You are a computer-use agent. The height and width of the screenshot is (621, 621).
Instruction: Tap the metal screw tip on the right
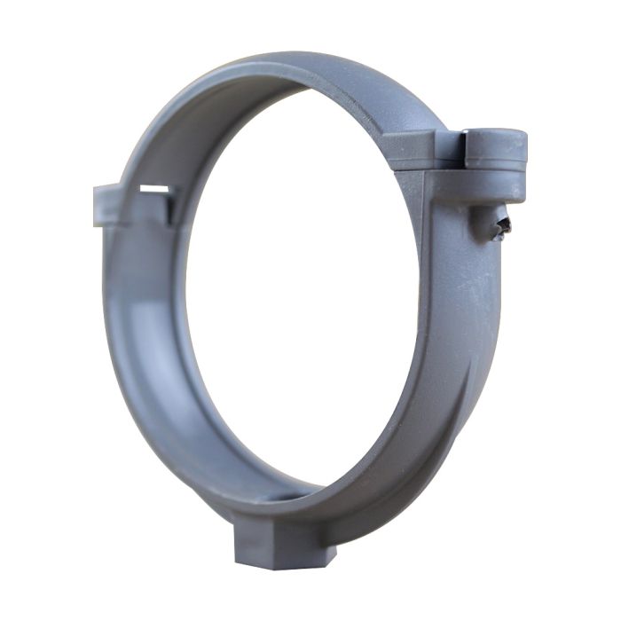point(505,229)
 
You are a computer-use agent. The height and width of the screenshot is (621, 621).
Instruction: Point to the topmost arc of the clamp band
point(293,67)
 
